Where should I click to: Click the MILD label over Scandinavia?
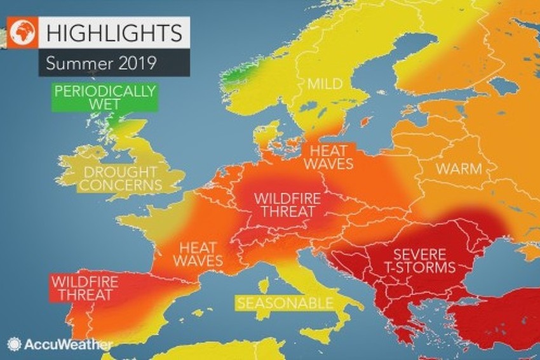pos(325,84)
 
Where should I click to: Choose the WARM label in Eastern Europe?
pos(458,169)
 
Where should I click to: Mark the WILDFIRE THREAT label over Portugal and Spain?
pos(82,288)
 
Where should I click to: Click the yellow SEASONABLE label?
pos(284,303)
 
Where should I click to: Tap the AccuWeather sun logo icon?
pos(14,344)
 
